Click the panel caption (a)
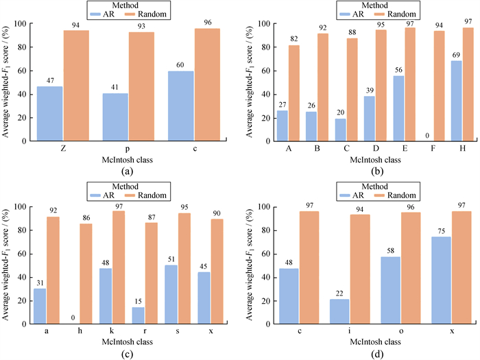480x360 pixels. [x=120, y=170]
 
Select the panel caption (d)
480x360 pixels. [x=370, y=353]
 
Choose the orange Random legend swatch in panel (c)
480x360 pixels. [x=124, y=197]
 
